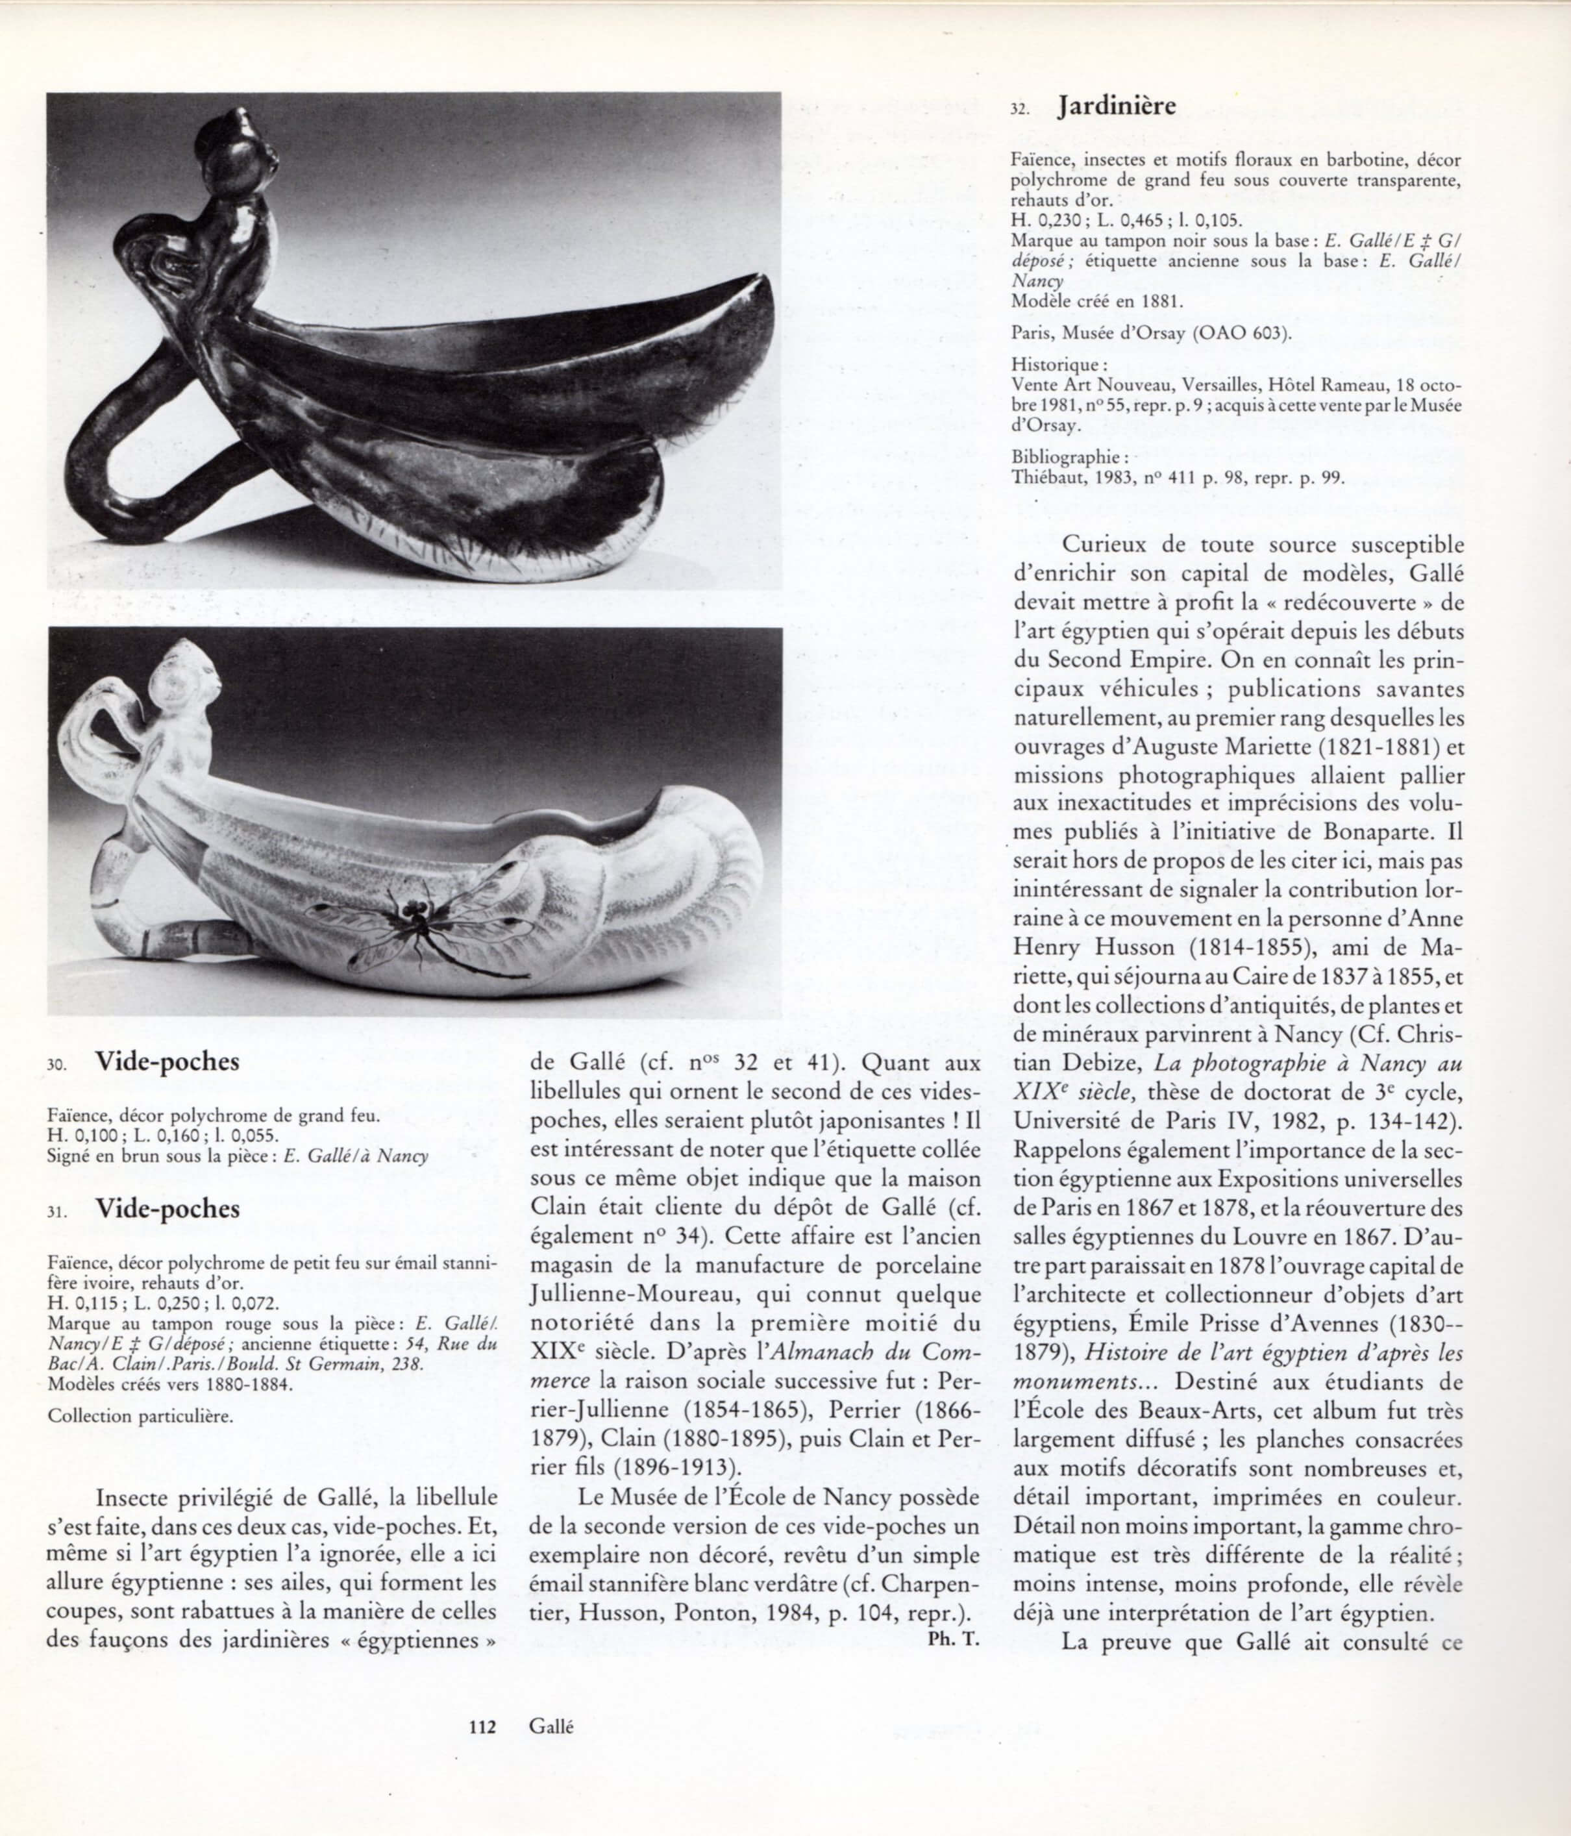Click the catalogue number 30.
point(56,1067)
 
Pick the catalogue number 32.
point(1020,112)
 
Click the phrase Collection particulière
point(141,1416)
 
